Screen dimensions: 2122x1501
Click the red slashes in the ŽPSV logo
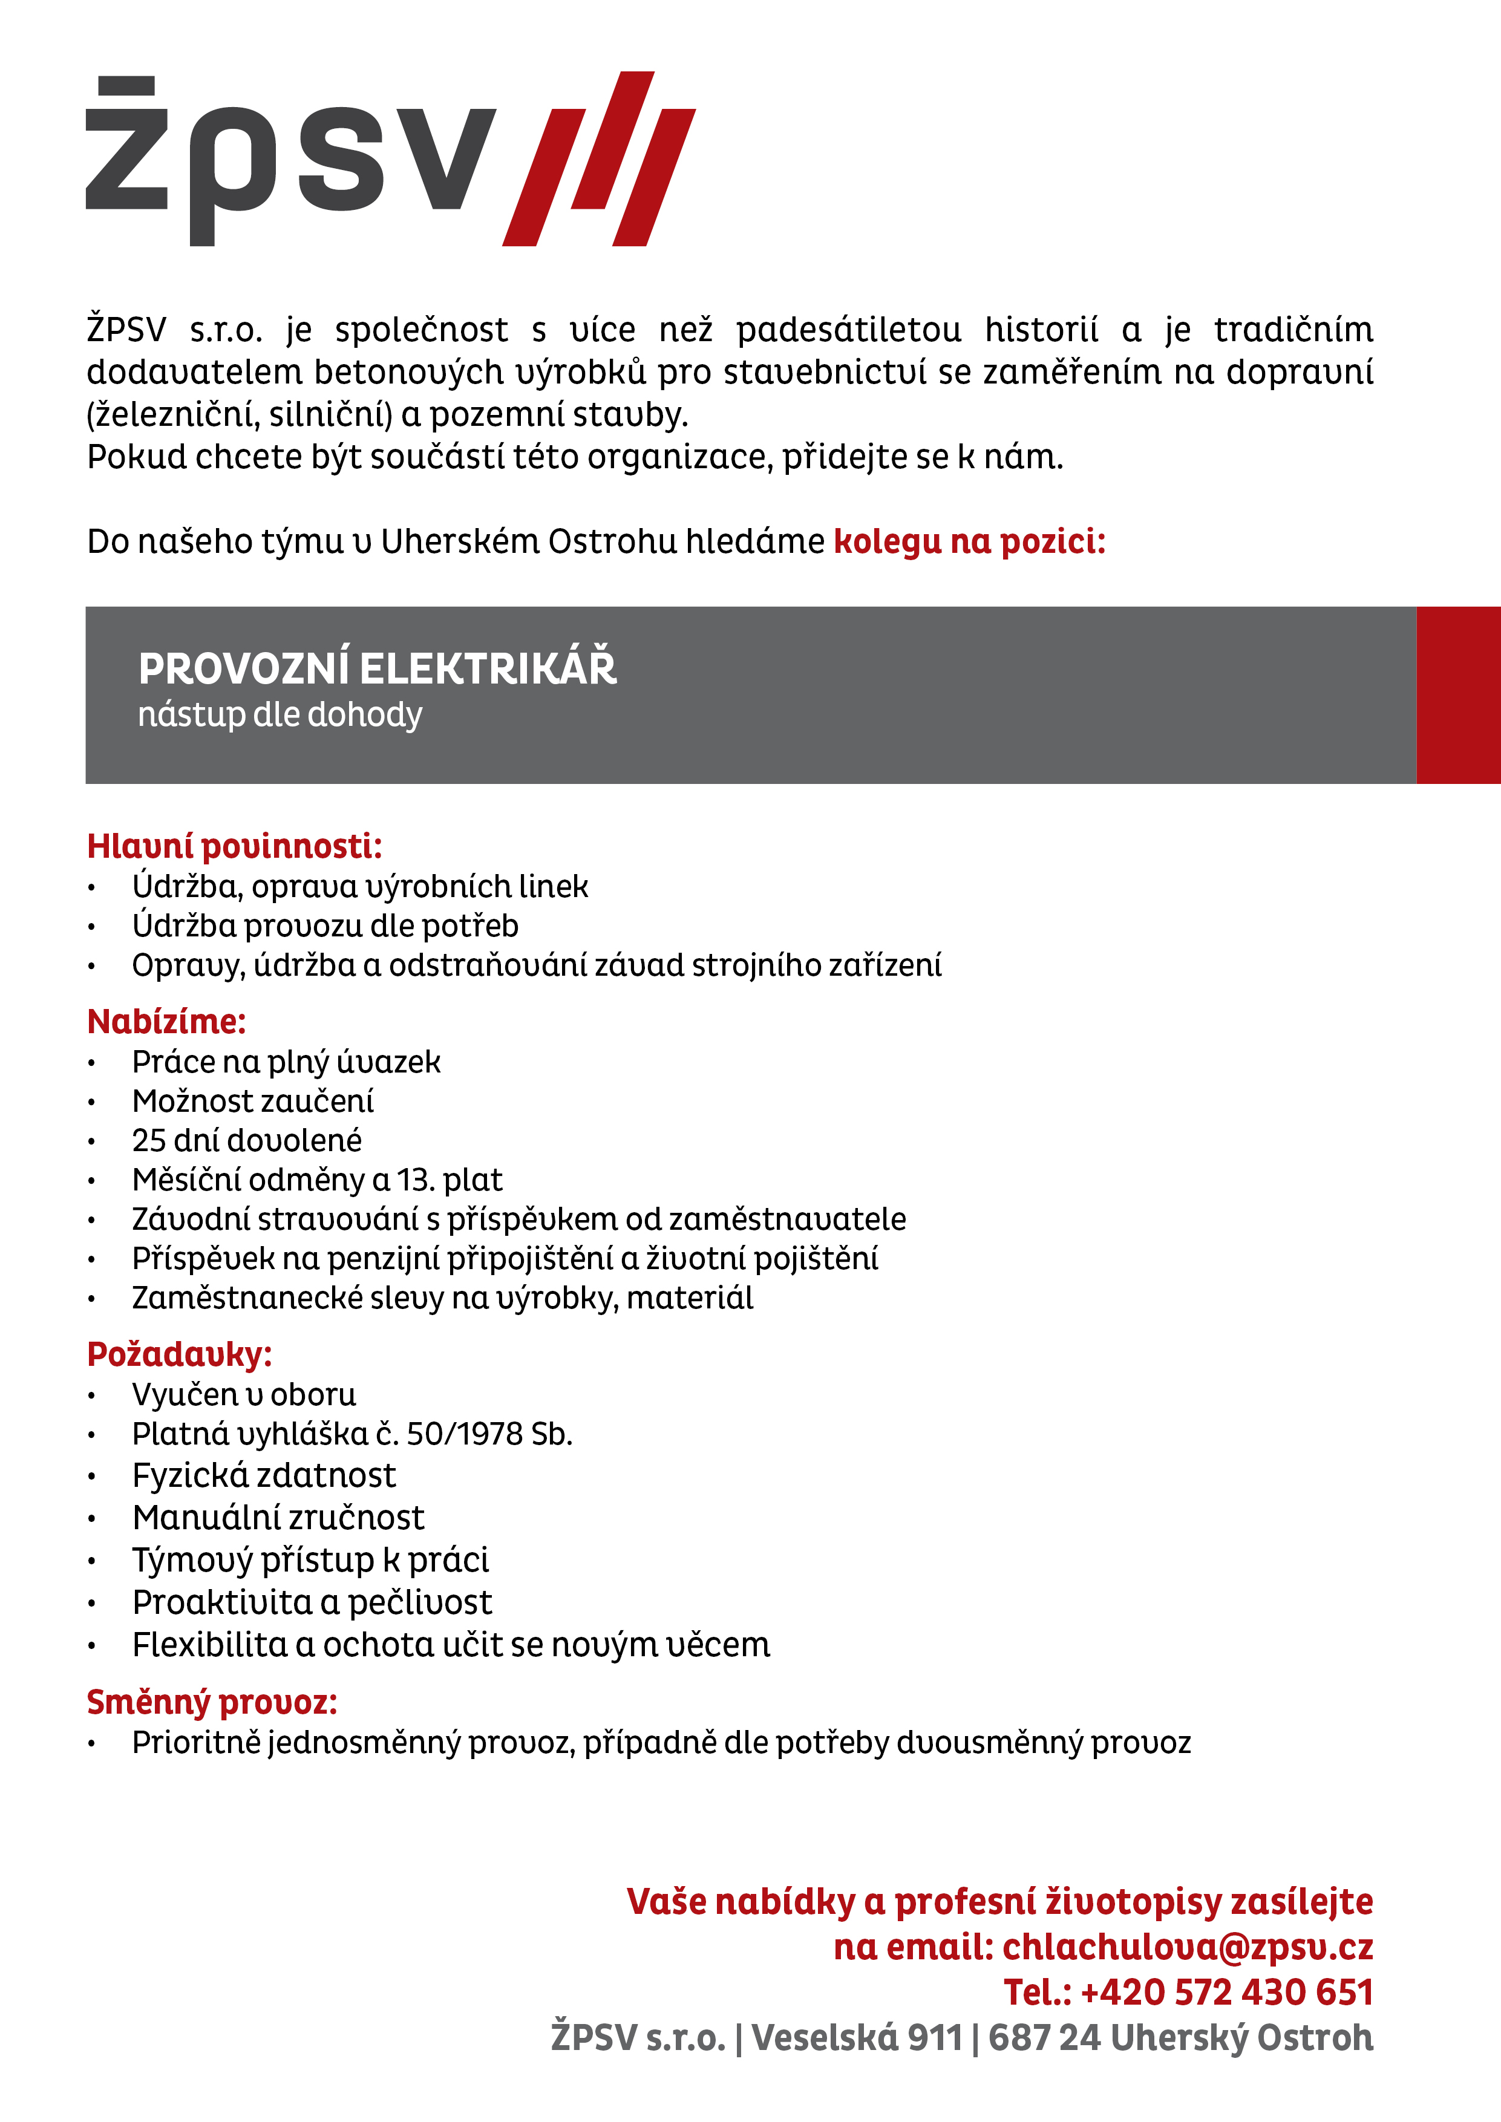[x=599, y=159]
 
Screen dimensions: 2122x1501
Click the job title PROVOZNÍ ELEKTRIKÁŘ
[x=376, y=669]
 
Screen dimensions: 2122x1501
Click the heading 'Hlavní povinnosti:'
[x=234, y=846]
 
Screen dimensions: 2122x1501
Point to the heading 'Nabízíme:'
[x=166, y=1021]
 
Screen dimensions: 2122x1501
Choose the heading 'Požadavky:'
[x=179, y=1354]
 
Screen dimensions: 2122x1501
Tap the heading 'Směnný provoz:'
[x=212, y=1702]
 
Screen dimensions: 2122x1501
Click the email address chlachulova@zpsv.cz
[x=1187, y=1947]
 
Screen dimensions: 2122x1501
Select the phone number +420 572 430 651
[x=1226, y=1993]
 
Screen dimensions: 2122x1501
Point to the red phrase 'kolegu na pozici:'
[x=969, y=541]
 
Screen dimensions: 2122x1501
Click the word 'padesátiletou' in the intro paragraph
[x=848, y=330]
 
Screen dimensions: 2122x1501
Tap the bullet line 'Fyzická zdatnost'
[x=263, y=1475]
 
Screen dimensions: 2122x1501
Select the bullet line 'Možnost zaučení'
[x=252, y=1102]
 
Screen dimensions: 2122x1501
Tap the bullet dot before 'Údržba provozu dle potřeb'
[x=91, y=927]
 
